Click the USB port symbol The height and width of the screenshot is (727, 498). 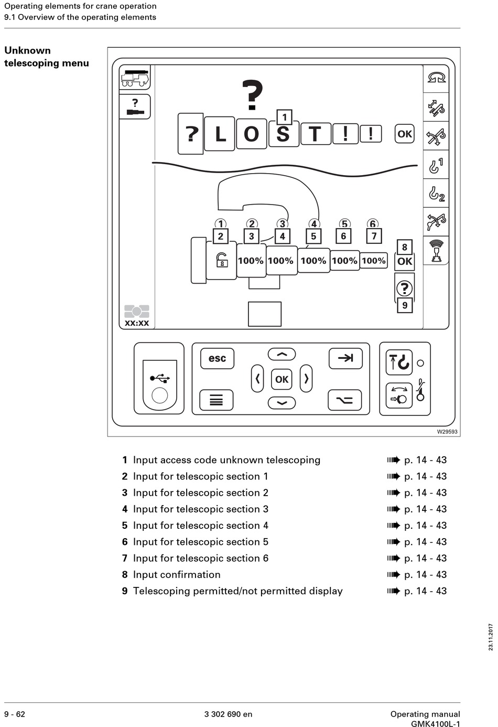click(160, 378)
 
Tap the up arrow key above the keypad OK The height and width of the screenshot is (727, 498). click(282, 355)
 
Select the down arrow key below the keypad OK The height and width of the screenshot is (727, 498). click(282, 403)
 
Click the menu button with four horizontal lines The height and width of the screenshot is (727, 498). click(216, 400)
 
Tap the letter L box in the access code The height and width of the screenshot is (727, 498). click(220, 134)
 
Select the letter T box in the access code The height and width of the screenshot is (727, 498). click(316, 134)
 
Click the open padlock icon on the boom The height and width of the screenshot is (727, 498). click(222, 260)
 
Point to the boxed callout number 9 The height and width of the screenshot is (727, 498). click(405, 305)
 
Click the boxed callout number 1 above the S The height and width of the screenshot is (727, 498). click(284, 117)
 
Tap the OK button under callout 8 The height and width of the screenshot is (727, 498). click(405, 262)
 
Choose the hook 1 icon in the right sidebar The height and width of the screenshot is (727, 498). click(436, 165)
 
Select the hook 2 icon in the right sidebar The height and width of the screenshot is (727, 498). click(436, 194)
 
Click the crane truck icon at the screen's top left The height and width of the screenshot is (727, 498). click(135, 78)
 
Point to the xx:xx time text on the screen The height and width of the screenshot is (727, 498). click(137, 323)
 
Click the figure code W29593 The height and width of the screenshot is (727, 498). click(447, 432)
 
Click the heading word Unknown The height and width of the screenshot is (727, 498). click(28, 51)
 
